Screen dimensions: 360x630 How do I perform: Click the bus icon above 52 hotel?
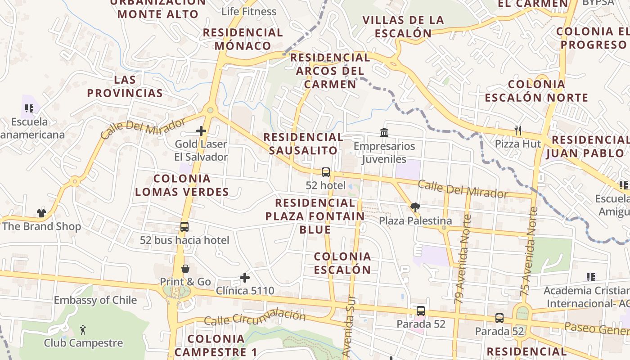[x=326, y=172]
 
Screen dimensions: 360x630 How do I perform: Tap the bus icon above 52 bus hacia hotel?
[x=184, y=226]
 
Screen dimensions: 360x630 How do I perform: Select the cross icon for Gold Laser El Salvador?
[x=201, y=131]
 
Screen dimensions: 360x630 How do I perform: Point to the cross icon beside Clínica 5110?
[x=245, y=278]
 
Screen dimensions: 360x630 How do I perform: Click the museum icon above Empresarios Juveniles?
[x=384, y=132]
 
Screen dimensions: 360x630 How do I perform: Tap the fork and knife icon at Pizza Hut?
[x=518, y=130]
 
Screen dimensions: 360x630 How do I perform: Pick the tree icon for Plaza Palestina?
[x=415, y=207]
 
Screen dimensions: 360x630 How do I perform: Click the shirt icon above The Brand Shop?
[x=41, y=213]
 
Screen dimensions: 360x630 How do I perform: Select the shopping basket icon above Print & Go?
[x=185, y=269]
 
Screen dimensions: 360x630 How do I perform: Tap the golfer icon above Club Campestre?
[x=83, y=330]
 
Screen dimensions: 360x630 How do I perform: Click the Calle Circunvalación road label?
[x=255, y=318]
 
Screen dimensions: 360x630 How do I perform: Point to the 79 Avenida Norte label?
[x=463, y=259]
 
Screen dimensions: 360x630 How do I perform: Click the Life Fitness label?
[x=248, y=12]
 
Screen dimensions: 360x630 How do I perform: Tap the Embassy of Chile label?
[x=95, y=300]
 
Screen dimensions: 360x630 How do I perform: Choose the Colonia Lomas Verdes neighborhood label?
[x=182, y=185]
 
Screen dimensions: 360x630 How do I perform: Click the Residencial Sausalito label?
[x=303, y=144]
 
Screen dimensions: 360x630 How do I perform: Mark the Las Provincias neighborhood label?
[x=125, y=86]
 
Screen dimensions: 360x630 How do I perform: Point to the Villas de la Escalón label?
[x=403, y=27]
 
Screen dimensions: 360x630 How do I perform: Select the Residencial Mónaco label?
[x=243, y=39]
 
